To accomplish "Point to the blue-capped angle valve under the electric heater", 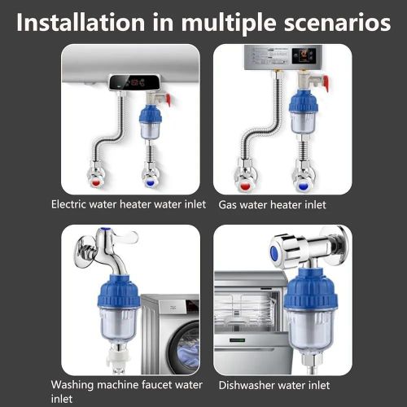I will point(152,173).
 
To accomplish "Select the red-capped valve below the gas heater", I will point(248,170).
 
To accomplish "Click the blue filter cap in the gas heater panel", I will point(304,103).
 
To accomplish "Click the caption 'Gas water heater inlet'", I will point(272,205).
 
